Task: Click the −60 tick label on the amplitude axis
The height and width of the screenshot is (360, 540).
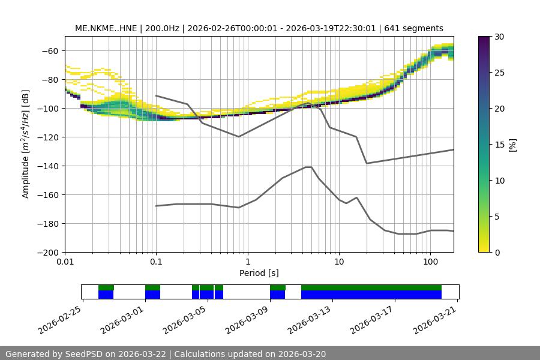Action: (x=49, y=51)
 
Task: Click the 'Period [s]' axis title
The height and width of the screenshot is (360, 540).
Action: (x=259, y=274)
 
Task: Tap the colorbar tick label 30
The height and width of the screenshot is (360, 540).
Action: (x=499, y=37)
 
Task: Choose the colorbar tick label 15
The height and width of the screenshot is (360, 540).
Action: (x=499, y=145)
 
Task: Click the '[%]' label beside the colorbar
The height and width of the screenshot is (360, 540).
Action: (x=512, y=145)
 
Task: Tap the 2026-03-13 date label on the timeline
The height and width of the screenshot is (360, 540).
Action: (x=310, y=319)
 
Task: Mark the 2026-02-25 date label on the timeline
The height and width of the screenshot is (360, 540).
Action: (x=61, y=319)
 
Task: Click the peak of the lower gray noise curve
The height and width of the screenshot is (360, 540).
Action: (x=308, y=167)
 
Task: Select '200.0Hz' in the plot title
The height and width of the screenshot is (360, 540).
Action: (x=163, y=28)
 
